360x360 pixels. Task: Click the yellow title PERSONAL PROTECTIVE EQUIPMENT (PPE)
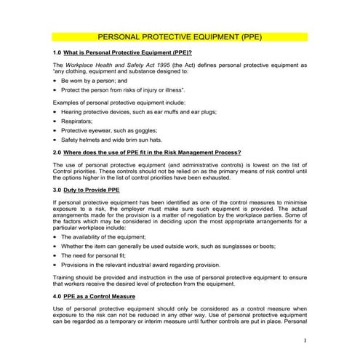click(x=180, y=36)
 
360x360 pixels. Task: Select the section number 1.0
click(x=57, y=54)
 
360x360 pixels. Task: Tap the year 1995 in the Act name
click(x=152, y=65)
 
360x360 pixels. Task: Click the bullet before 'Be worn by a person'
click(x=56, y=80)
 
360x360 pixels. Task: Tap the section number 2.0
click(x=57, y=152)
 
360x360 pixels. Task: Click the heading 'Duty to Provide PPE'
click(x=92, y=189)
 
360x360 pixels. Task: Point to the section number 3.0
click(x=57, y=189)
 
